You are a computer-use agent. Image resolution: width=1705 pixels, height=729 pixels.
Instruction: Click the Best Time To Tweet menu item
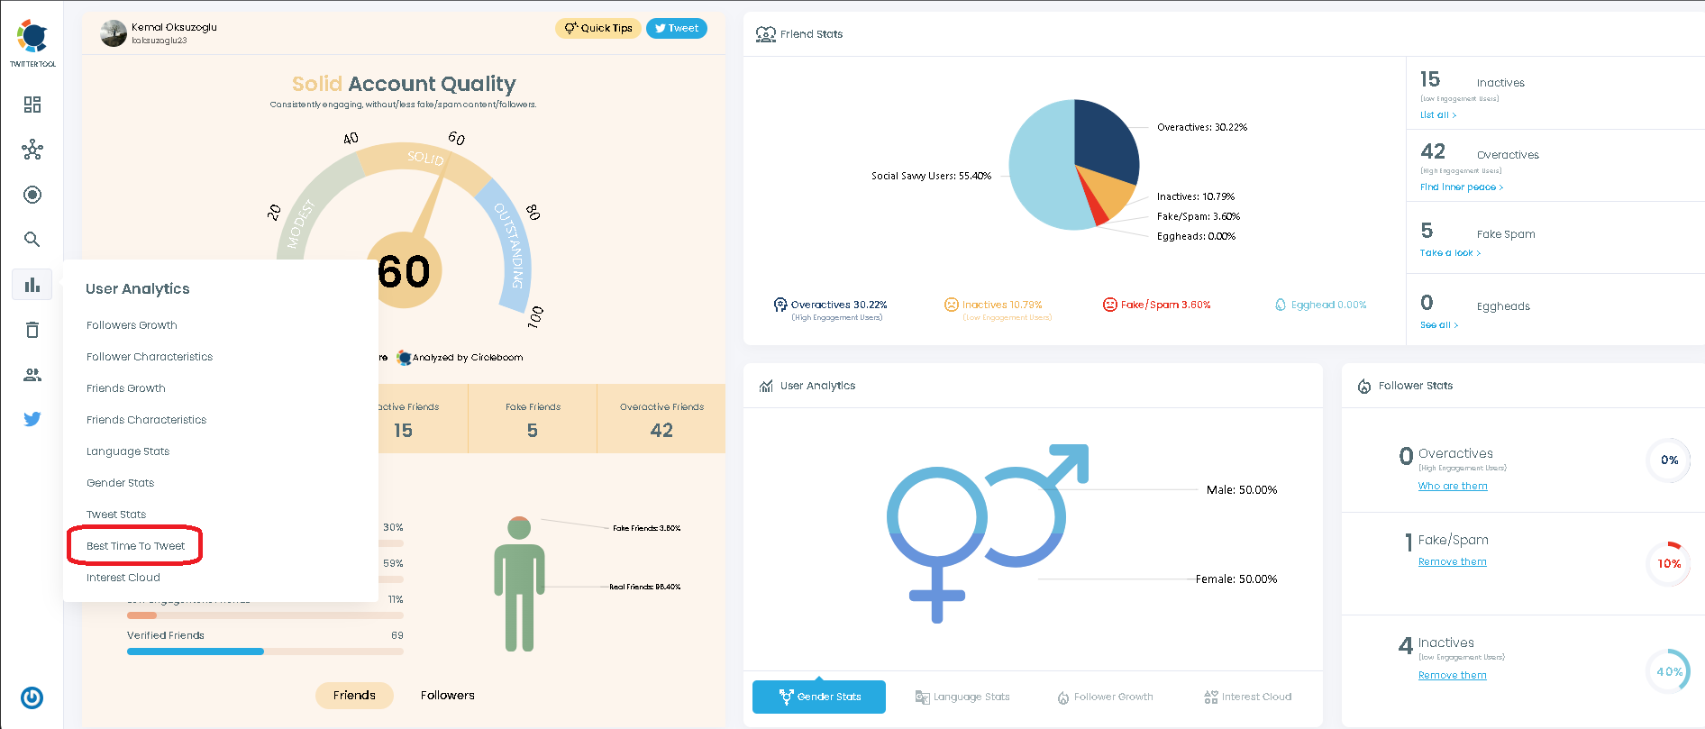pyautogui.click(x=135, y=546)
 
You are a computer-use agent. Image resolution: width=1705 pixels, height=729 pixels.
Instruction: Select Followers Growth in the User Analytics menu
pyautogui.click(x=132, y=325)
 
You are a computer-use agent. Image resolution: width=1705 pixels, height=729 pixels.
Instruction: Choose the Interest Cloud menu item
pyautogui.click(x=123, y=578)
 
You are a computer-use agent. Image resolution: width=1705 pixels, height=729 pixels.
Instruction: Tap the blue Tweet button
pyautogui.click(x=676, y=28)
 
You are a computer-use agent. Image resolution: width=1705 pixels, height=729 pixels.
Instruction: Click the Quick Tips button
pyautogui.click(x=598, y=28)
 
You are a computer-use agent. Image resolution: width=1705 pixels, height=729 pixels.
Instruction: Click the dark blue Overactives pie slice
pyautogui.click(x=1104, y=140)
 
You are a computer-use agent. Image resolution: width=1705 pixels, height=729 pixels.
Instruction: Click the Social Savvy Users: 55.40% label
pyautogui.click(x=931, y=176)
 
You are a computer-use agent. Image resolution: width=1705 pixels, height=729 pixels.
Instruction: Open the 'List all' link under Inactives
pyautogui.click(x=1437, y=115)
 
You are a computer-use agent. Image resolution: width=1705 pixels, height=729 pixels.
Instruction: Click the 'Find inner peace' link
pyautogui.click(x=1461, y=187)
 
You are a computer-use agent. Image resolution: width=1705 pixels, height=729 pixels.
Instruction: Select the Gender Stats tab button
pyautogui.click(x=819, y=697)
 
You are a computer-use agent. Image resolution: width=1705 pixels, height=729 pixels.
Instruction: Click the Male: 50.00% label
pyautogui.click(x=1241, y=490)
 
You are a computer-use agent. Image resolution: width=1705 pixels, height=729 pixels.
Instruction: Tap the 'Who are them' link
pyautogui.click(x=1452, y=486)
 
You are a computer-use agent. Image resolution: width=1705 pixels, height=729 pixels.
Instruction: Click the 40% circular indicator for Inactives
pyautogui.click(x=1668, y=671)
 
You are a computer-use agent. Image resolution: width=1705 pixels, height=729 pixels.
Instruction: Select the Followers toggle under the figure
pyautogui.click(x=447, y=695)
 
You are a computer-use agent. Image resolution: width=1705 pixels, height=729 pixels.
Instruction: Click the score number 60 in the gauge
pyautogui.click(x=405, y=272)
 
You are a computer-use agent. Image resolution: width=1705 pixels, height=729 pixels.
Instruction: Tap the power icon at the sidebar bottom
pyautogui.click(x=32, y=697)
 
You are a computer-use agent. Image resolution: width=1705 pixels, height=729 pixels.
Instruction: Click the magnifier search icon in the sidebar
pyautogui.click(x=32, y=239)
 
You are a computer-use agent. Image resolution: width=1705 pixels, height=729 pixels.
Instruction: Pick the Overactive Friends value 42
pyautogui.click(x=661, y=431)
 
